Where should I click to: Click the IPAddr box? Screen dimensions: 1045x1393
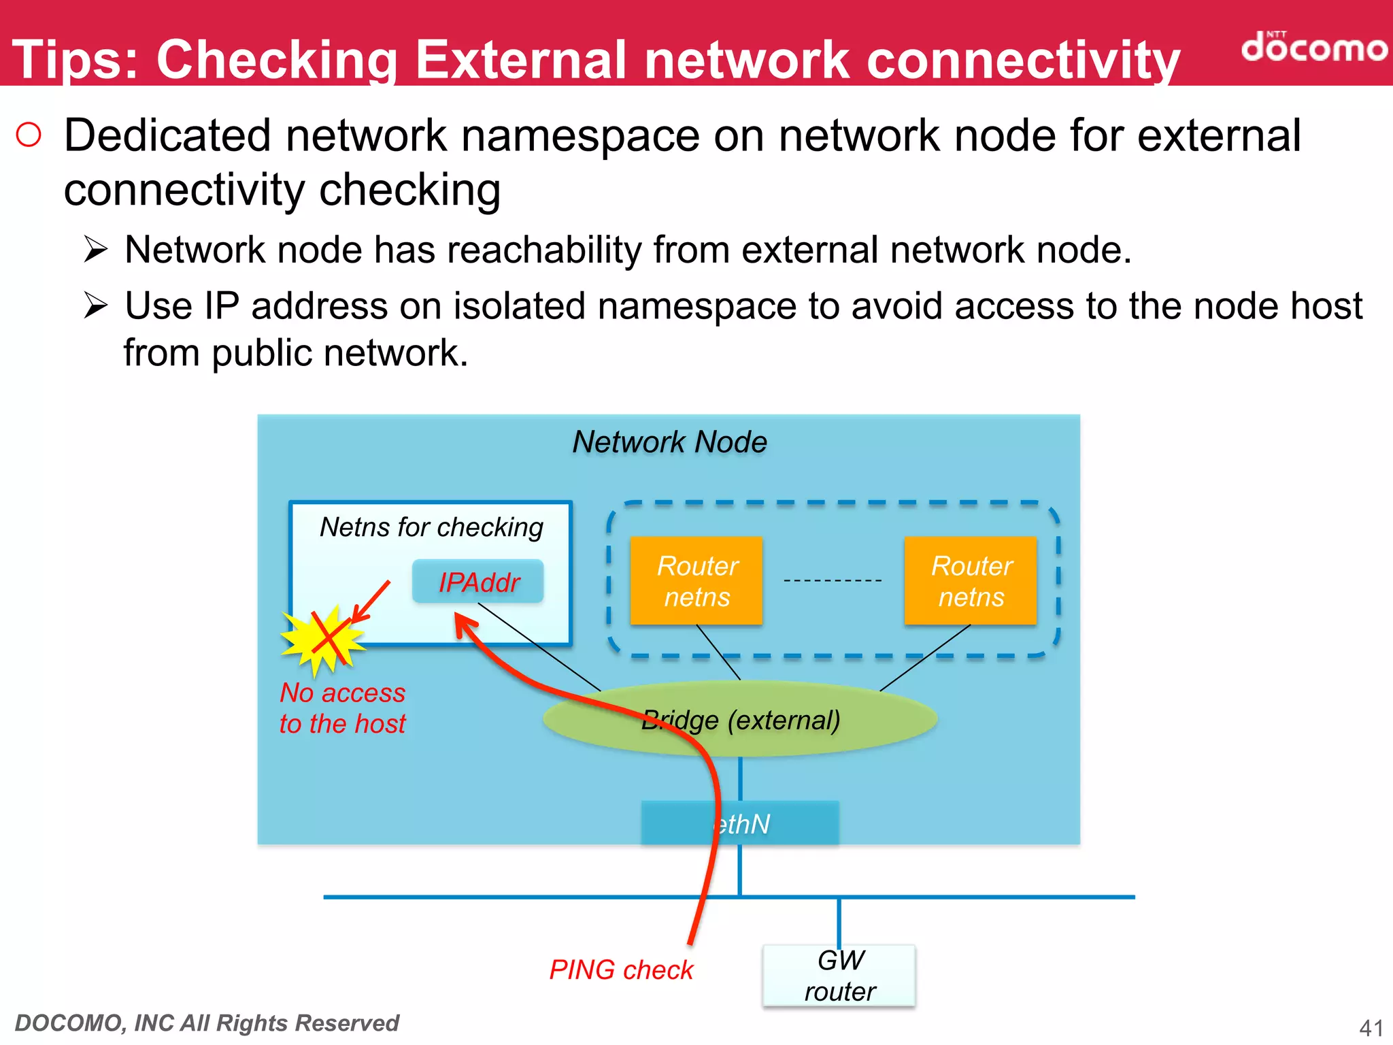[x=478, y=582]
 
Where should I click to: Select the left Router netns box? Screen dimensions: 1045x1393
[x=696, y=580]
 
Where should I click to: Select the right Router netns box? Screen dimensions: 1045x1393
[x=971, y=580]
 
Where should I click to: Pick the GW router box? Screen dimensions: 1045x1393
[x=839, y=976]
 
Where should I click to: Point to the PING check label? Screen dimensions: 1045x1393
[x=620, y=969]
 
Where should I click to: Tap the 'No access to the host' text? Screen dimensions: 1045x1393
[x=342, y=708]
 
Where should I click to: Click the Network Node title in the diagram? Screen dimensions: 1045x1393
[x=669, y=442]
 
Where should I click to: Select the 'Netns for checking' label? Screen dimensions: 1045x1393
[x=431, y=527]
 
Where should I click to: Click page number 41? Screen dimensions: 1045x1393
[x=1371, y=1027]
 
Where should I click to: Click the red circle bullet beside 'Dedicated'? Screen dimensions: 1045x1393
[x=29, y=135]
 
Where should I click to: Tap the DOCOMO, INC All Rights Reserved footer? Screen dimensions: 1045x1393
[x=207, y=1023]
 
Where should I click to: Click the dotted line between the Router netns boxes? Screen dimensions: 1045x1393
[x=833, y=580]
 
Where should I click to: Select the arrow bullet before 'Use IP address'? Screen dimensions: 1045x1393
[x=96, y=305]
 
